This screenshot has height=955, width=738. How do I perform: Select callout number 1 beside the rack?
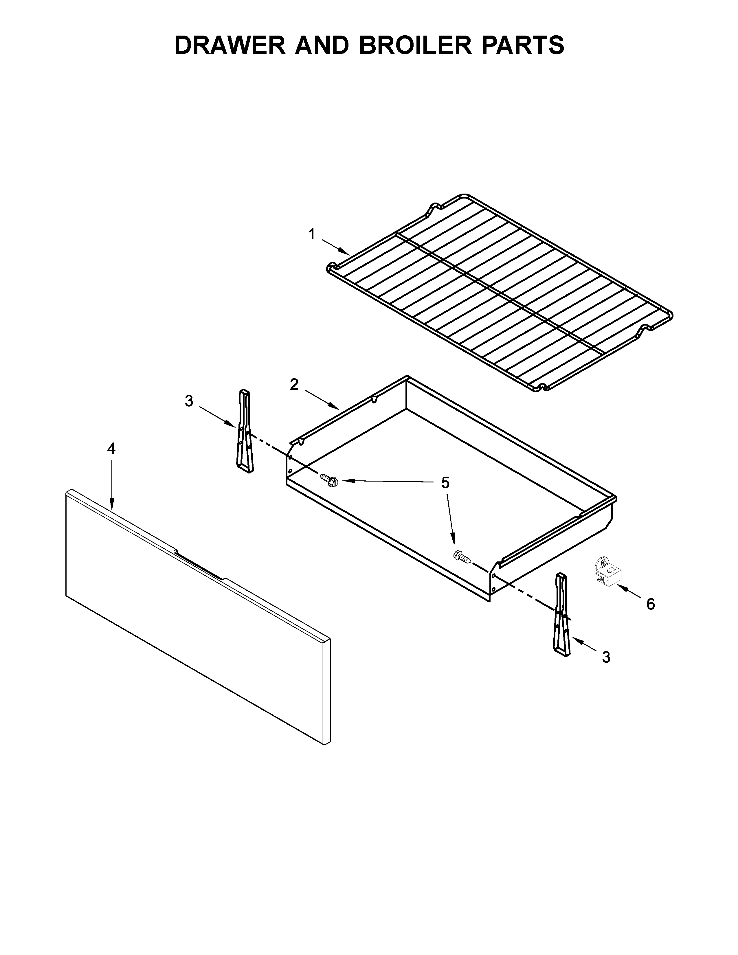point(312,235)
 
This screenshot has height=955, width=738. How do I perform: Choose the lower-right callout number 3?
point(606,669)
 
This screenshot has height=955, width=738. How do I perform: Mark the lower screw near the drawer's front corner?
point(462,556)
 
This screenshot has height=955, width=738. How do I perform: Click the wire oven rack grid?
point(498,293)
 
